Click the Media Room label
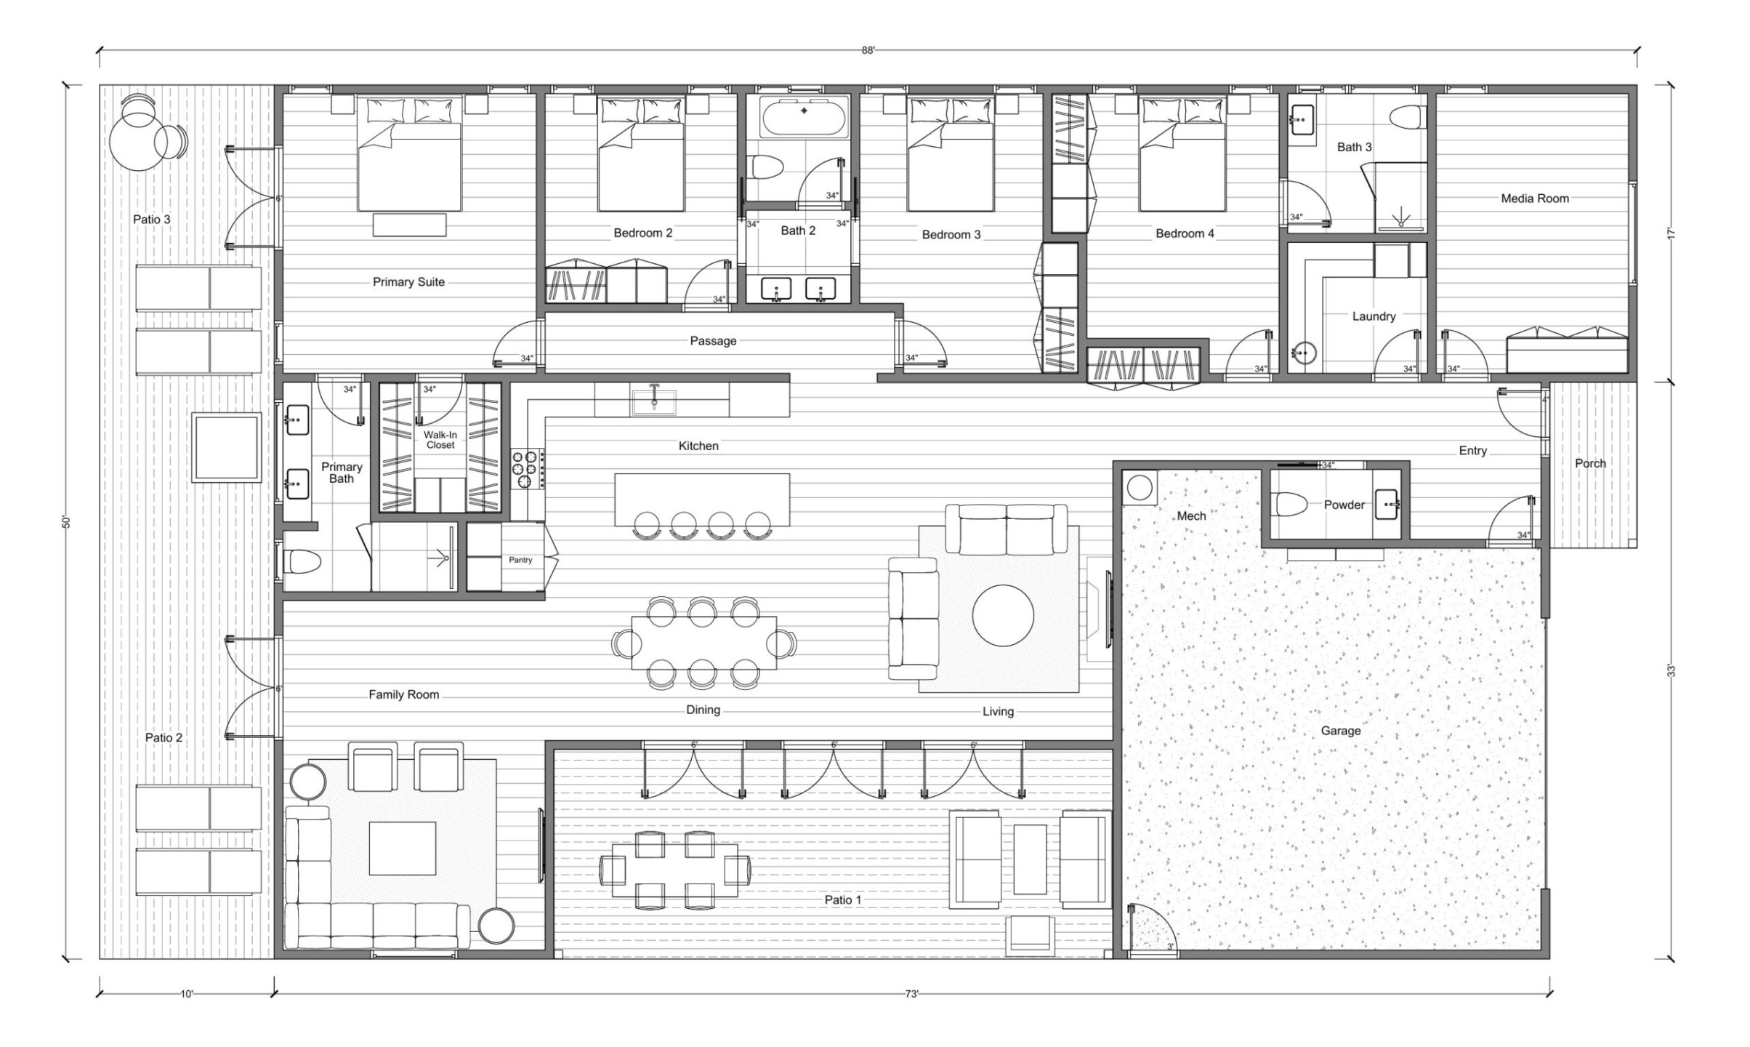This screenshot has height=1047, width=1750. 1534,198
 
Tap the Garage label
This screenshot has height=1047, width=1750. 1340,731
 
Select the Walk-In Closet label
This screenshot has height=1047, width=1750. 440,440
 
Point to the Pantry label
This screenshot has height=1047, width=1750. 520,560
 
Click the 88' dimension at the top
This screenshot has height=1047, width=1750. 868,50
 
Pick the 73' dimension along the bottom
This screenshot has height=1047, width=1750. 912,994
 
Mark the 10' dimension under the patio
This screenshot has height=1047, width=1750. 187,994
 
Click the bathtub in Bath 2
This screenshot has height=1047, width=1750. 804,116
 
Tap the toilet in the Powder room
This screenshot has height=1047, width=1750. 1289,504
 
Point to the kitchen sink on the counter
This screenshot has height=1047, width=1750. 654,401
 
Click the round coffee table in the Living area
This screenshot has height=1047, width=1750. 1003,615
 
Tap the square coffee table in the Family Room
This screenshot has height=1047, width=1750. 402,848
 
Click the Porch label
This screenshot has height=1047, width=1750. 1590,463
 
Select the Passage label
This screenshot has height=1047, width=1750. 713,341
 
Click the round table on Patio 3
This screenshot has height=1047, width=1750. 136,143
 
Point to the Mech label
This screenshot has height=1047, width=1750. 1191,516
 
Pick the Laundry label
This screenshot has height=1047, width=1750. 1374,316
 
